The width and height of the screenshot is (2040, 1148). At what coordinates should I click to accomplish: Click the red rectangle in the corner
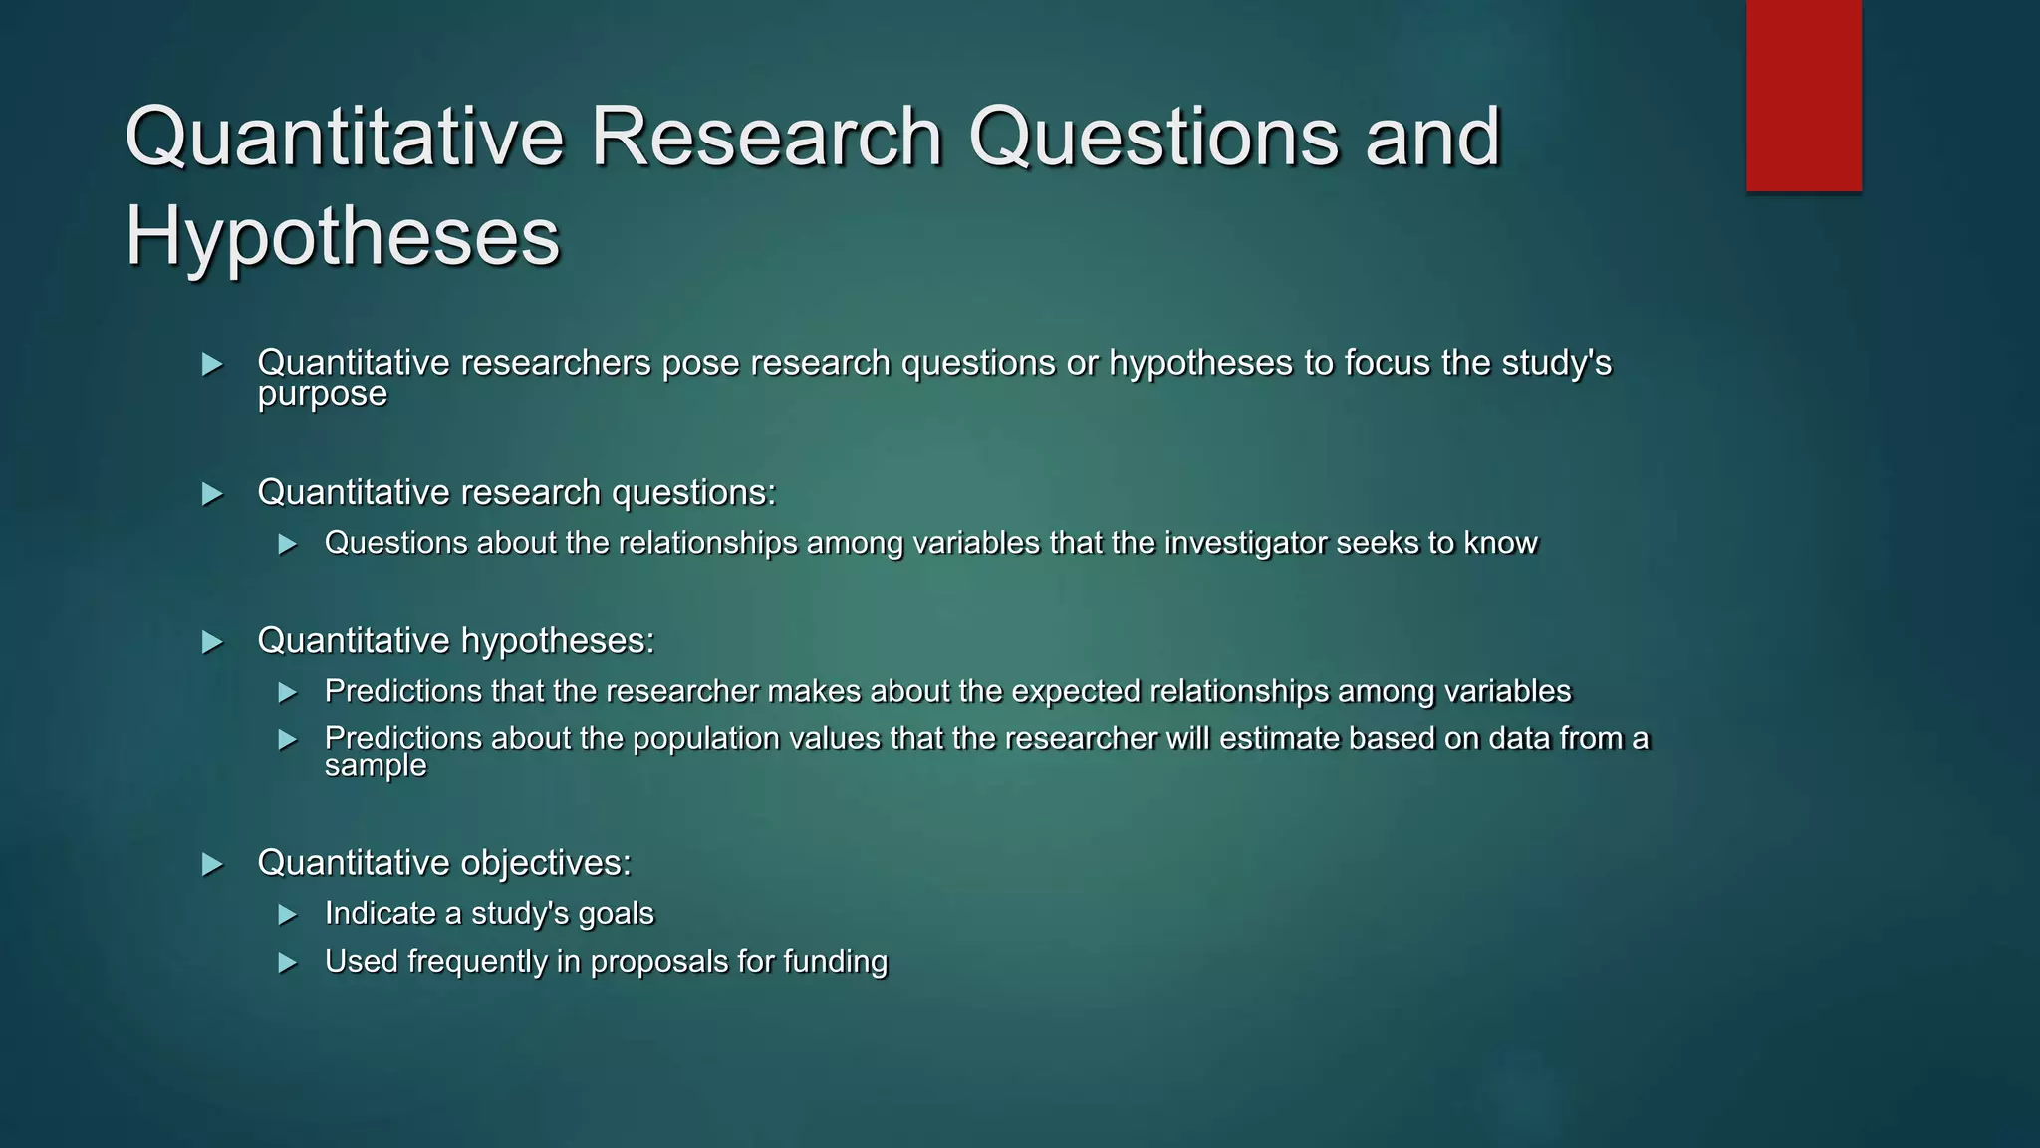coord(1803,95)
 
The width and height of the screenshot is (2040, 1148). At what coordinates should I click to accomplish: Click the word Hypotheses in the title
coord(342,236)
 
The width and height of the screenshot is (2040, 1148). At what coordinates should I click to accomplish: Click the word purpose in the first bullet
coord(322,395)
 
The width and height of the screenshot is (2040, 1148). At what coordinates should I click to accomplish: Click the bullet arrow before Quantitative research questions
coord(212,494)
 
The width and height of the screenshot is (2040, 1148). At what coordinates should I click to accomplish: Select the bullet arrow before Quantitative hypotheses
coord(212,642)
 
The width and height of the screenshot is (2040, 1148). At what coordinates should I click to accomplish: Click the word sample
coord(376,766)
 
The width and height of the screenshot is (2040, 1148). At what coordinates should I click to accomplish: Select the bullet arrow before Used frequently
coord(288,963)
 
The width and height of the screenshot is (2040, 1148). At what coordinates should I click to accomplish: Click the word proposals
coord(658,962)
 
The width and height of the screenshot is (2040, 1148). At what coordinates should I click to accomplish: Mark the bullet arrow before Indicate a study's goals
coord(288,915)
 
